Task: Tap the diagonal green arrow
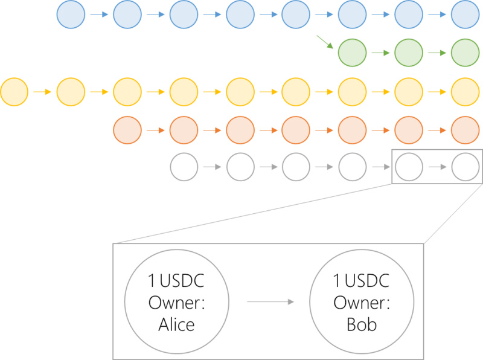pyautogui.click(x=325, y=42)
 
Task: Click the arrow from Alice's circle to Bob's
pyautogui.click(x=270, y=302)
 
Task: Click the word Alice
pyautogui.click(x=176, y=324)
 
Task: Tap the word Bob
pyautogui.click(x=362, y=324)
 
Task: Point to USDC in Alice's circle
pyautogui.click(x=182, y=280)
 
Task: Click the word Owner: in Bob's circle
pyautogui.click(x=362, y=303)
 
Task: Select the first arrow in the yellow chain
pyautogui.click(x=42, y=92)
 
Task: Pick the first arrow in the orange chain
pyautogui.click(x=156, y=130)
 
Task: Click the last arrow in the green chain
pyautogui.click(x=437, y=53)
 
